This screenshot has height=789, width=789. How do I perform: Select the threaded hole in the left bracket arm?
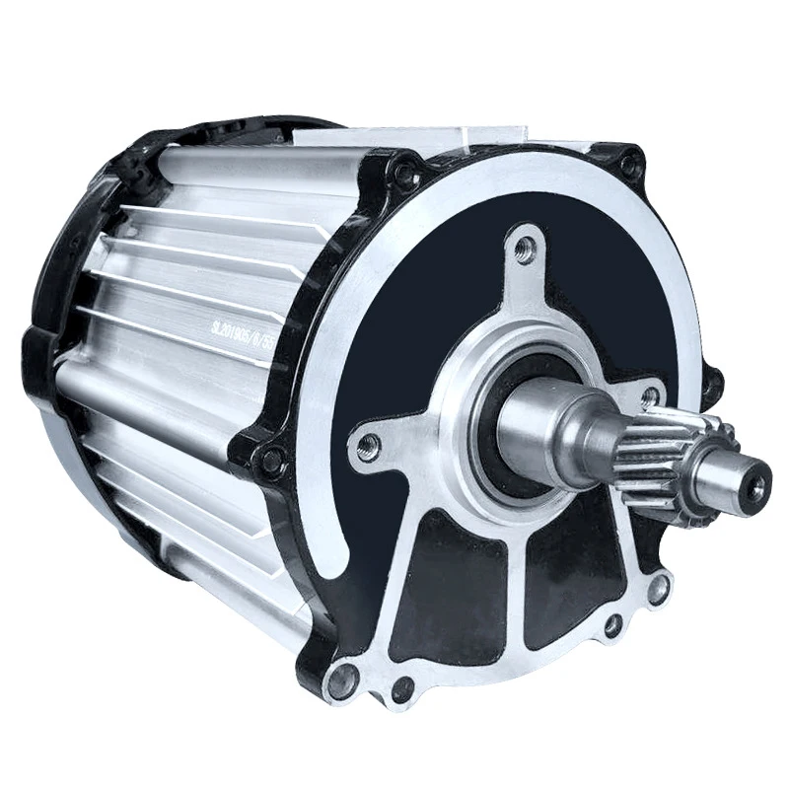(370, 444)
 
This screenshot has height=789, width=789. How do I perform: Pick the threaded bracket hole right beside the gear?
(649, 397)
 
